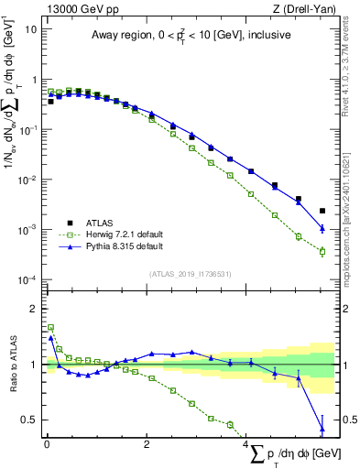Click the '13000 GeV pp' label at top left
[80, 8]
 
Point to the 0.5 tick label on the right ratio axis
[347, 420]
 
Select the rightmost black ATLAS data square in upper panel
[322, 211]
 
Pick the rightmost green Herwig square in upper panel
[322, 251]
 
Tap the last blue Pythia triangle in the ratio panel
[322, 428]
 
